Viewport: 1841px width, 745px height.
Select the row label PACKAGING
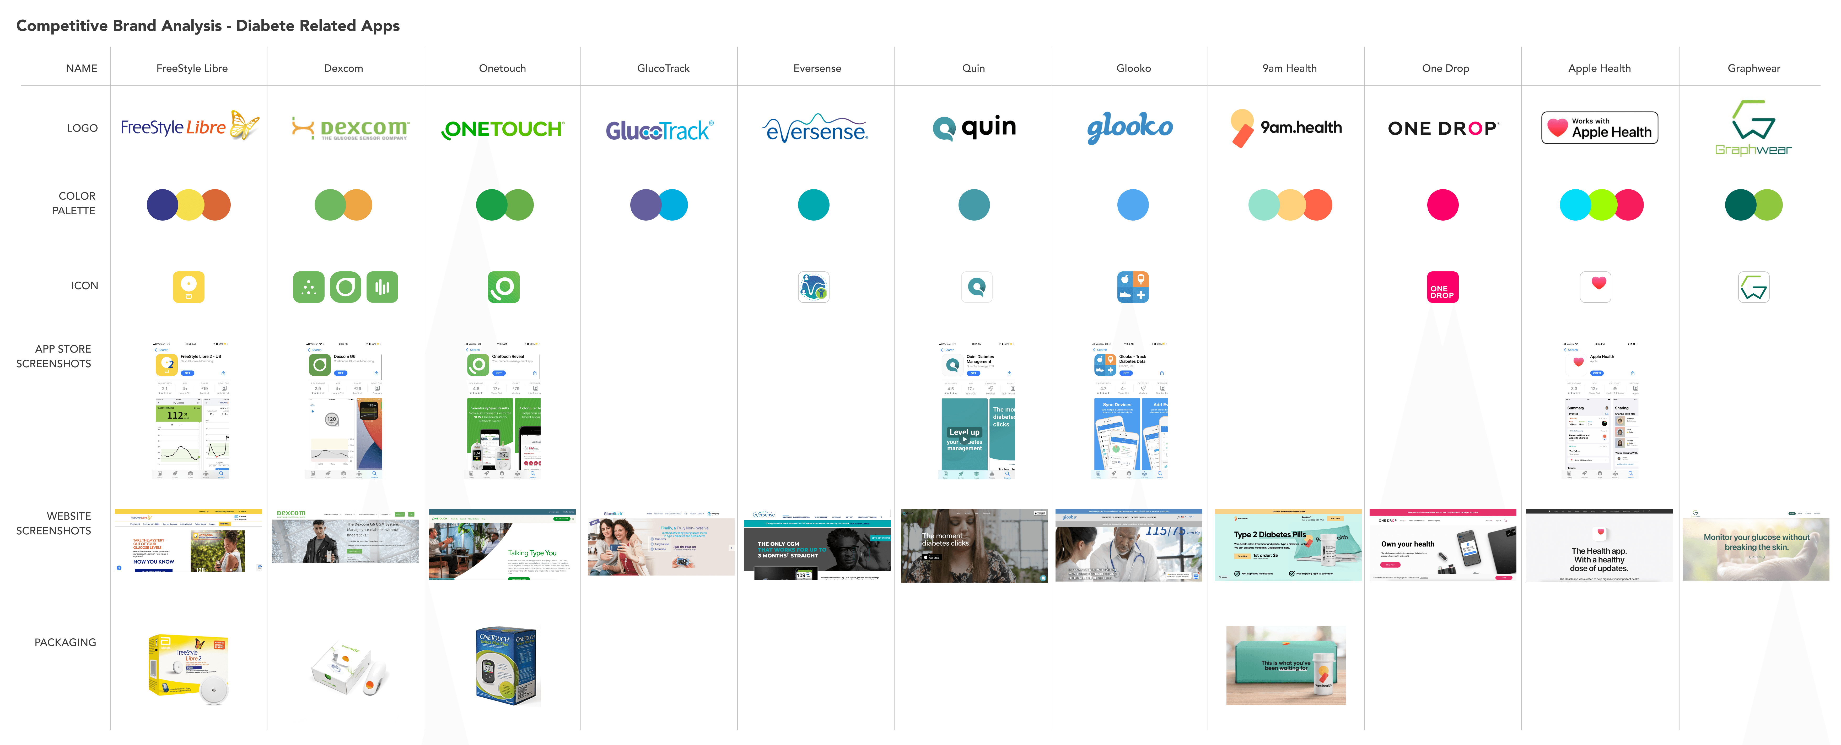tap(65, 642)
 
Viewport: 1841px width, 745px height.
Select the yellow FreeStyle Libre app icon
tap(189, 287)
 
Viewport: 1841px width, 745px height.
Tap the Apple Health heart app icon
tap(1595, 287)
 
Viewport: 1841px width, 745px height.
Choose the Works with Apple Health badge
tap(1600, 128)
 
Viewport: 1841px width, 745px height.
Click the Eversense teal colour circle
tap(813, 205)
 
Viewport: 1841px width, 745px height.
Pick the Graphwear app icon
tap(1754, 287)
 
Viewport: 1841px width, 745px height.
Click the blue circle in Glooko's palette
tap(1133, 205)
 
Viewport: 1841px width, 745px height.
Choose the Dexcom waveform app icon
tap(382, 287)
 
